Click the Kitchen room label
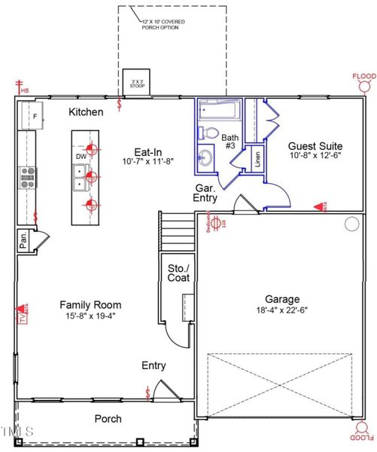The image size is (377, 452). pos(86,111)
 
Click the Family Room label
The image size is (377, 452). pos(90,305)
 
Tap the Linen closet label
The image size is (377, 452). pos(257,158)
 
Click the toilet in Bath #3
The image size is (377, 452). pos(211,133)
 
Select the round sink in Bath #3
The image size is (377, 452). pos(205,158)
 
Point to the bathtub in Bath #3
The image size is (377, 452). pos(218,111)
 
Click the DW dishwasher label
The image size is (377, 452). pos(81,157)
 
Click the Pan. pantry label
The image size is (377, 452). pos(24,242)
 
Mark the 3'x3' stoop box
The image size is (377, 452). pos(135,82)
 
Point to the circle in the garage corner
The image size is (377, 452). pos(351,223)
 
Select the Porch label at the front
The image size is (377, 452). pos(108,419)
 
